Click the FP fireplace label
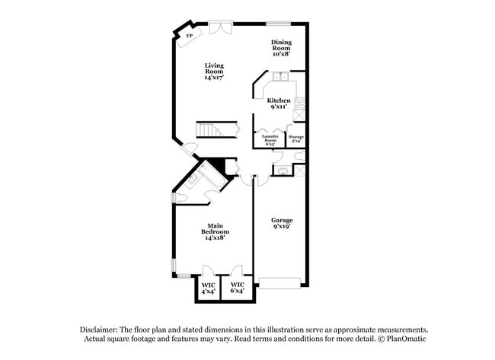189,35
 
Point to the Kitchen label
278,104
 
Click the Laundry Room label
270,139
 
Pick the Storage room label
295,139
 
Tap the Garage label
282,220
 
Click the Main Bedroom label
215,231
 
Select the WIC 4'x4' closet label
207,288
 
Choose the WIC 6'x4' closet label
237,288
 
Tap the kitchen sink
280,76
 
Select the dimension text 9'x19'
282,226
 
